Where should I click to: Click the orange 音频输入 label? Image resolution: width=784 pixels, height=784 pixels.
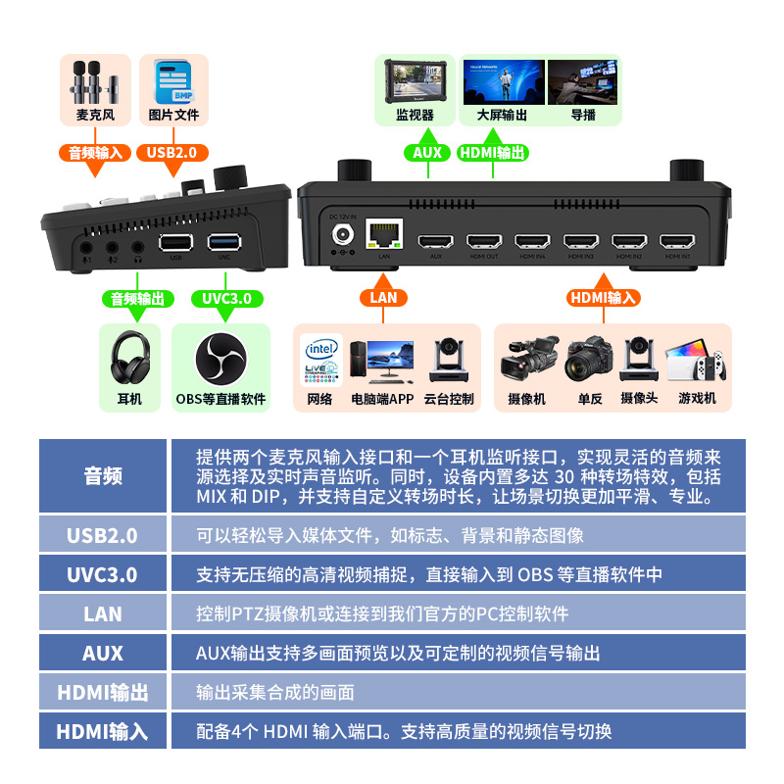95,153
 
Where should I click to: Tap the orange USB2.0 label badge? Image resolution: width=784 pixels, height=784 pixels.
172,153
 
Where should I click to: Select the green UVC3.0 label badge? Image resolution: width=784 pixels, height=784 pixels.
226,299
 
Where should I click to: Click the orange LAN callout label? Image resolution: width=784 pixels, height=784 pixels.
383,298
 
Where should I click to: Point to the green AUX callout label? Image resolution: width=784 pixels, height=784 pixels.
428,153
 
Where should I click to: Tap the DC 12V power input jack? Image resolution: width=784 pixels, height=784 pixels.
343,235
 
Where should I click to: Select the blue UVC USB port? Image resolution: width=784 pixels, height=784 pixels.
224,241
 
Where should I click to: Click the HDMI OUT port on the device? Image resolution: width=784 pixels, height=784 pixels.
484,241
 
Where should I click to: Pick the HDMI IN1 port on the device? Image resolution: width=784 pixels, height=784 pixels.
677,241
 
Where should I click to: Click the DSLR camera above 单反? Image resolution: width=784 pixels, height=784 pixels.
590,360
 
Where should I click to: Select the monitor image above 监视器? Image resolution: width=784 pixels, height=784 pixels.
415,81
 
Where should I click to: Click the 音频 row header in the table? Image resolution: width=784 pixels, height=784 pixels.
103,476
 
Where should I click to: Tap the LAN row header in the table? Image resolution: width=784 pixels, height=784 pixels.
103,614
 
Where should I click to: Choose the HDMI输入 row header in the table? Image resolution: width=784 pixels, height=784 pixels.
103,731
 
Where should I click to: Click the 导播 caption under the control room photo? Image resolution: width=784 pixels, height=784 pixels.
583,115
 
